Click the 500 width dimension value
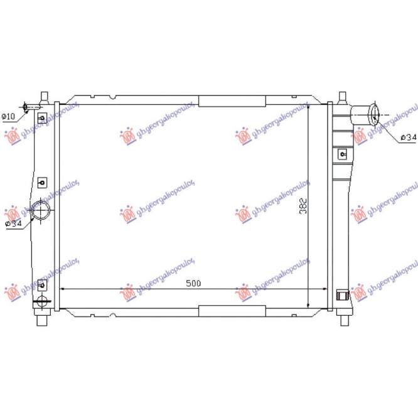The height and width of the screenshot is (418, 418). (x=194, y=284)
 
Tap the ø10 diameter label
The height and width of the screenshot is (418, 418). (x=9, y=116)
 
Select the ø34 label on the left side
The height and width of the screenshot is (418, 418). (x=13, y=223)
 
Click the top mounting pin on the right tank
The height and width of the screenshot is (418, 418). (x=342, y=98)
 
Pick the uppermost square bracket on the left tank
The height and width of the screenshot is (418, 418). (x=42, y=118)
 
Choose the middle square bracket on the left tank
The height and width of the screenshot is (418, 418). (x=42, y=183)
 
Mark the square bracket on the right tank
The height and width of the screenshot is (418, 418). (x=342, y=153)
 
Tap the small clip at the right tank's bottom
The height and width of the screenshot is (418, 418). (x=341, y=294)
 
